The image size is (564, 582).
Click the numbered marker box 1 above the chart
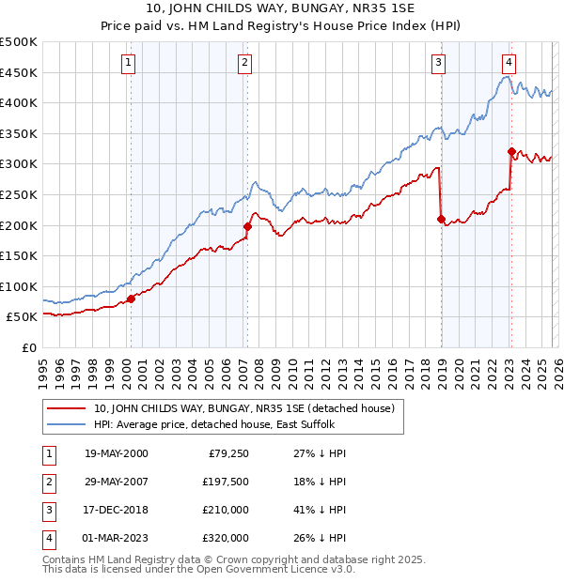coord(128,63)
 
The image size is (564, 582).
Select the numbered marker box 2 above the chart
coord(244,63)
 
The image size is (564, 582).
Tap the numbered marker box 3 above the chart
coord(438,63)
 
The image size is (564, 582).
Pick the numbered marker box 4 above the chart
coord(509,63)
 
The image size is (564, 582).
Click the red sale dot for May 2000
coord(131,299)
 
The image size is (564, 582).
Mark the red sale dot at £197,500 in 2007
coord(247,226)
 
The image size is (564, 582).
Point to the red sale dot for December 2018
coord(441,219)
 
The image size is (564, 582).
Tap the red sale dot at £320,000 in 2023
coord(511,151)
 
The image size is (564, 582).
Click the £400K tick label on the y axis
coord(19,103)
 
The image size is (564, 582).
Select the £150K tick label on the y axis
coord(19,255)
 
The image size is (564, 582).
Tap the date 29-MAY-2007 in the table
coord(116,482)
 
